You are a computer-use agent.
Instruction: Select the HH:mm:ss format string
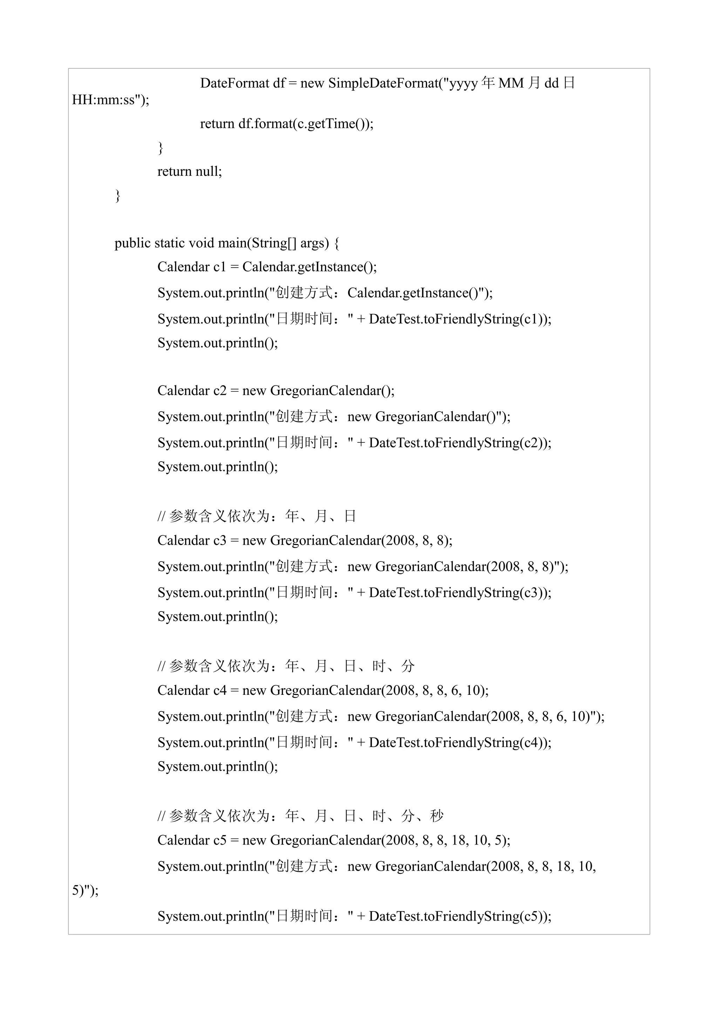(x=105, y=101)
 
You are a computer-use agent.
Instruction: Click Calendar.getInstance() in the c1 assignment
(x=309, y=267)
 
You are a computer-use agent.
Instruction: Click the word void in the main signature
(x=201, y=243)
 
